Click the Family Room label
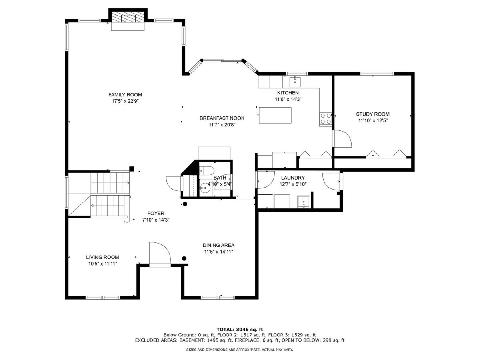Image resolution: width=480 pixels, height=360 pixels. click(x=125, y=94)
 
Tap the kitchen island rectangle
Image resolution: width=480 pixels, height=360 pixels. click(x=275, y=115)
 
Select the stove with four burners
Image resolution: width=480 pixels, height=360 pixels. click(x=325, y=119)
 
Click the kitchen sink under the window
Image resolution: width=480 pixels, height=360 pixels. click(x=295, y=82)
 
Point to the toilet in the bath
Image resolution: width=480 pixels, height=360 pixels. click(x=206, y=170)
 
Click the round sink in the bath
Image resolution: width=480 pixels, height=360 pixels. click(x=205, y=188)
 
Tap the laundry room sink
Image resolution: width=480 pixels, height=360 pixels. click(x=303, y=202)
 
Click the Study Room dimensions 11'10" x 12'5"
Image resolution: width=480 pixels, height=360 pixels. click(x=373, y=120)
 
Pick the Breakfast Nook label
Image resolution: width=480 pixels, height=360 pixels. click(x=222, y=118)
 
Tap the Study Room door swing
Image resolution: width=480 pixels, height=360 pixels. click(x=342, y=138)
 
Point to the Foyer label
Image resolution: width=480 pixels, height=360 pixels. click(x=156, y=213)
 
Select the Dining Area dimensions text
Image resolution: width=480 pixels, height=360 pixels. click(x=218, y=252)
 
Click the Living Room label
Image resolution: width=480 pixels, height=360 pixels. click(x=102, y=257)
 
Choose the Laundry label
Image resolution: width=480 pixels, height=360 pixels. click(x=293, y=178)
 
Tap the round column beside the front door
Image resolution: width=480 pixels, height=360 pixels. click(x=184, y=258)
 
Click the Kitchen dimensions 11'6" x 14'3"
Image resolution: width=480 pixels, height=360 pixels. click(x=288, y=99)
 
